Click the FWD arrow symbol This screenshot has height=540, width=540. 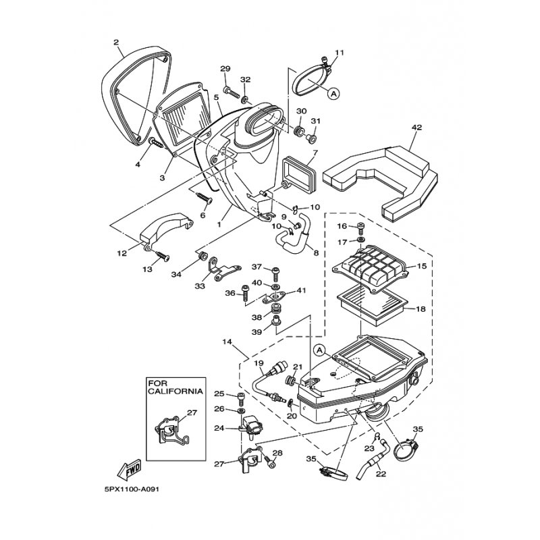[x=129, y=469]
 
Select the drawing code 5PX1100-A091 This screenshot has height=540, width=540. [x=132, y=489]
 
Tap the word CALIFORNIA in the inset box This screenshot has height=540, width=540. [x=175, y=391]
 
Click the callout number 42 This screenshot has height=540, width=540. [x=416, y=128]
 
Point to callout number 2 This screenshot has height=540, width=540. [x=116, y=42]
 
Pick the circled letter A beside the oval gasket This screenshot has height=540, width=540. [x=333, y=93]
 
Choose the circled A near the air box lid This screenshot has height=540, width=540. [x=320, y=350]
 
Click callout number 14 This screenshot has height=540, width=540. [x=227, y=342]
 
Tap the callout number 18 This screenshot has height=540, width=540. [x=421, y=309]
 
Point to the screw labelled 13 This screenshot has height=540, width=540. [x=161, y=256]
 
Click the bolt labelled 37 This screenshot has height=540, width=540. [x=276, y=274]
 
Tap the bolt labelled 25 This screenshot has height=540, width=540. [x=241, y=399]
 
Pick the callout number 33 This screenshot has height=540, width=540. [x=200, y=286]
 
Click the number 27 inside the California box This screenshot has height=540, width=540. [x=192, y=412]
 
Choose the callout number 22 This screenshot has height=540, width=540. [x=381, y=475]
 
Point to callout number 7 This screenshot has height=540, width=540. [x=315, y=152]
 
